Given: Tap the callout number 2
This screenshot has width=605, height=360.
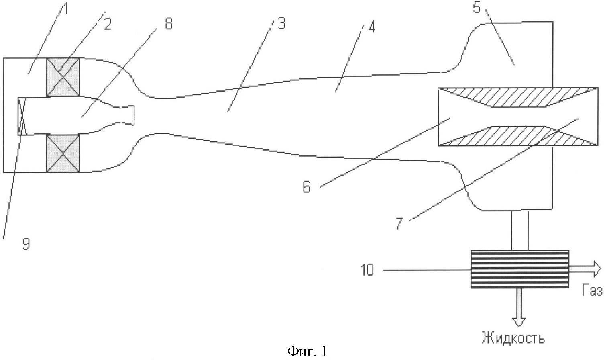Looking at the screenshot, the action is (x=108, y=24).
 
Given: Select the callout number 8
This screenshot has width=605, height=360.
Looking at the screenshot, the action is (x=169, y=23).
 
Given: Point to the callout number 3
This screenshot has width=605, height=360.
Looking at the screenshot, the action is (x=282, y=24).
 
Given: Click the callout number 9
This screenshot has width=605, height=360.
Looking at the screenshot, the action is (x=26, y=245).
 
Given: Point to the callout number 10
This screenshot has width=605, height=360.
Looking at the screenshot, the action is (x=367, y=270).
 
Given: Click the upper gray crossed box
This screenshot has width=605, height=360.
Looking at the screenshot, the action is (x=63, y=77).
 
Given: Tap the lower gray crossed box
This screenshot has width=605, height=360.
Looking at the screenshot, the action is (x=63, y=153).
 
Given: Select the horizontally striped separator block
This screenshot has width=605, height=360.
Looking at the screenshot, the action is (x=520, y=269).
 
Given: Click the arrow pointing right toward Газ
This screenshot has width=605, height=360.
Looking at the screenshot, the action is (x=585, y=269).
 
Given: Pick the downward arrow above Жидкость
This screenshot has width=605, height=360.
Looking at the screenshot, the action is (x=519, y=307).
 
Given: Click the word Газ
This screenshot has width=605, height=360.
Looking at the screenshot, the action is (x=592, y=291).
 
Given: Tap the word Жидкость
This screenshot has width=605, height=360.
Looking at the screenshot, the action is (x=513, y=338).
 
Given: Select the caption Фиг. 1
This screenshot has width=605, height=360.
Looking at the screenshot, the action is (x=307, y=351).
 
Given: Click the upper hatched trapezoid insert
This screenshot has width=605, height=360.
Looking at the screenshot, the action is (x=518, y=97).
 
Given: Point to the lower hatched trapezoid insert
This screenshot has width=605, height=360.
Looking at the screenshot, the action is (x=518, y=136).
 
